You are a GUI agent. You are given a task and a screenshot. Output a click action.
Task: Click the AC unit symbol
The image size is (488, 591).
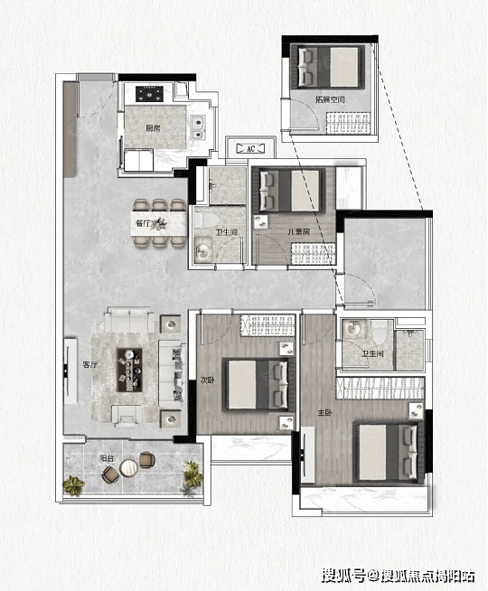(250, 148)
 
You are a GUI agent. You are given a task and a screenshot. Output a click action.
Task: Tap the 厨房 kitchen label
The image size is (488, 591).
(153, 128)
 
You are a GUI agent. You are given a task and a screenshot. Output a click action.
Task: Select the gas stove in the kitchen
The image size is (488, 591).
(149, 94)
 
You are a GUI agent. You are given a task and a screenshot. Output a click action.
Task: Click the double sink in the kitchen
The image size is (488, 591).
(198, 127)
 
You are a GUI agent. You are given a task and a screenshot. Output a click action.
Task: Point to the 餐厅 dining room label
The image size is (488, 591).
(142, 223)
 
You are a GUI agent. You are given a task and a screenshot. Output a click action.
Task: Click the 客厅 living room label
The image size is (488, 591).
(90, 365)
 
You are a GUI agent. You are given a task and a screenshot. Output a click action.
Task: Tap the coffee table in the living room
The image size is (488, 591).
(129, 370)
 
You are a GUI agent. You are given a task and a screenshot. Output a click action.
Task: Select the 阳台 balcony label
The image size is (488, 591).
(107, 459)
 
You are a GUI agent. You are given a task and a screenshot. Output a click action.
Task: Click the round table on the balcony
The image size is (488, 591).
(128, 468)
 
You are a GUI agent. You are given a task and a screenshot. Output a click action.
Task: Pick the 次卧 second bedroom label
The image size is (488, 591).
(207, 380)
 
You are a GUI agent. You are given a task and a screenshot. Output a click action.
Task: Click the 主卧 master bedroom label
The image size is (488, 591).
(324, 413)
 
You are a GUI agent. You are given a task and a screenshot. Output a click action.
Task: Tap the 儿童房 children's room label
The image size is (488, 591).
(298, 232)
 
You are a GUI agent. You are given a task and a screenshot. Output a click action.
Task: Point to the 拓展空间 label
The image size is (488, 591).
(330, 99)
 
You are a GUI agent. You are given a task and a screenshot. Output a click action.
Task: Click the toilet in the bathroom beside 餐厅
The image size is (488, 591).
(206, 220)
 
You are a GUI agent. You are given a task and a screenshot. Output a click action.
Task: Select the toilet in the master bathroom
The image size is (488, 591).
(380, 332)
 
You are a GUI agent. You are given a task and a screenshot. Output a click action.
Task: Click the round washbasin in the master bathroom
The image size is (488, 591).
(352, 328)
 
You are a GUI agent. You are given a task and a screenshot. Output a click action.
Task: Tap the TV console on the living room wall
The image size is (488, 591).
(70, 371)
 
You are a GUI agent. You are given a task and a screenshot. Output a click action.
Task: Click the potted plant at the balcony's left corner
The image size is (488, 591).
(73, 485)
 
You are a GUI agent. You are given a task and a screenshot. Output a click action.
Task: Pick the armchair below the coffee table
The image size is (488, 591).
(127, 416)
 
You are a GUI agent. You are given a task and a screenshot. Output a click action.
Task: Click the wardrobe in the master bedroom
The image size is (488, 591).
(380, 389)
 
